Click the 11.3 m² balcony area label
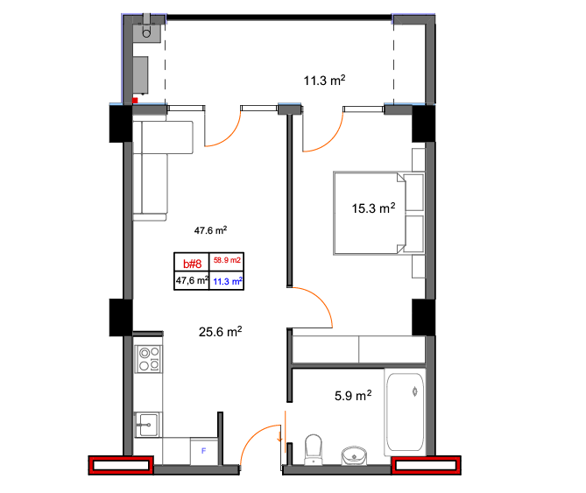pyautogui.click(x=324, y=80)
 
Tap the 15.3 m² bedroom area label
pyautogui.click(x=373, y=208)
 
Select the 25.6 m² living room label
pyautogui.click(x=220, y=331)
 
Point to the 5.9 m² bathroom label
pyautogui.click(x=353, y=395)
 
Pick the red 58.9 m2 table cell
pyautogui.click(x=227, y=260)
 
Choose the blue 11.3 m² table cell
pyautogui.click(x=228, y=281)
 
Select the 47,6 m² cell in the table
pyautogui.click(x=192, y=279)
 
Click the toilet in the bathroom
pyautogui.click(x=314, y=449)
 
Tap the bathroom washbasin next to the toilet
pyautogui.click(x=354, y=455)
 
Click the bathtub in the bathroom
pyautogui.click(x=405, y=412)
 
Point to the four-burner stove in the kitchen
pyautogui.click(x=149, y=359)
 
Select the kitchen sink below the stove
pyautogui.click(x=148, y=425)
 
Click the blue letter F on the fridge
pyautogui.click(x=204, y=451)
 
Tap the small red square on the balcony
pyautogui.click(x=135, y=100)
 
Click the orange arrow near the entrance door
pyautogui.click(x=279, y=435)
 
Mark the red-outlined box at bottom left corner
pyautogui.click(x=121, y=465)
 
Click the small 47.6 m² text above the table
pyautogui.click(x=210, y=230)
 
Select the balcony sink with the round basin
pyautogui.click(x=147, y=32)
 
